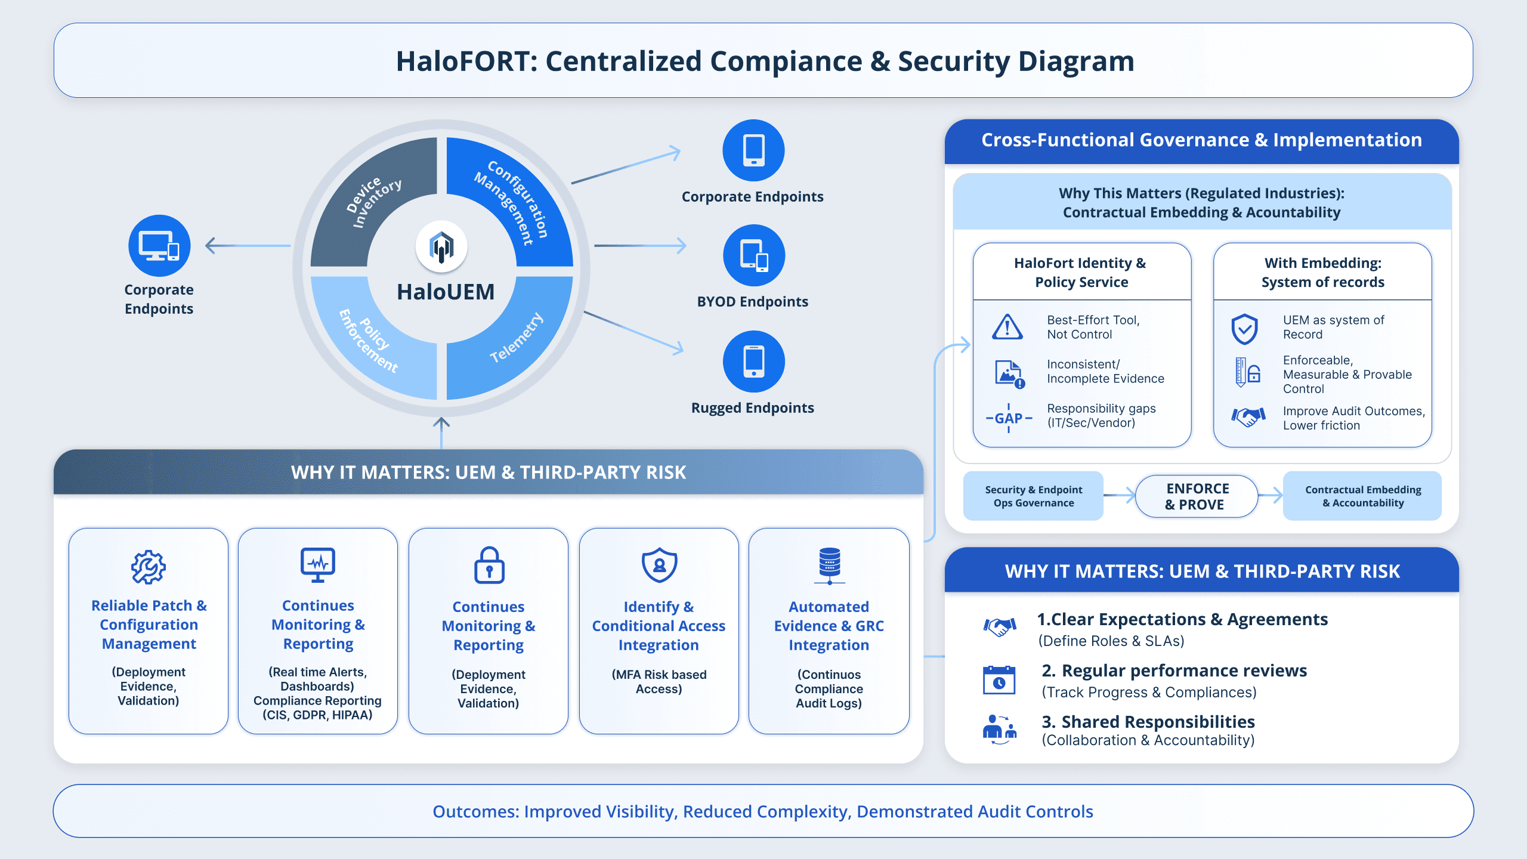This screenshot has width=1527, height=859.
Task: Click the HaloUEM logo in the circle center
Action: [441, 246]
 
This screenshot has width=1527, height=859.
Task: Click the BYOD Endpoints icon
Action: [753, 255]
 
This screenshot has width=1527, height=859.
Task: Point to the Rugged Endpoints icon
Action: [753, 361]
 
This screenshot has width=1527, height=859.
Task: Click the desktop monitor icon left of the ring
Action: [159, 246]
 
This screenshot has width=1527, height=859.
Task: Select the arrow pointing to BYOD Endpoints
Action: [641, 246]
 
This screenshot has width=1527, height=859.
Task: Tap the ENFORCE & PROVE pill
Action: [1197, 496]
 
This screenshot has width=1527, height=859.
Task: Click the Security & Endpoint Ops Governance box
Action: [1033, 496]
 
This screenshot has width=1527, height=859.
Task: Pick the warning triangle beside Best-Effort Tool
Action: [1007, 327]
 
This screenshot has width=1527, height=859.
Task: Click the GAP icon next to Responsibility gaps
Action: [1009, 418]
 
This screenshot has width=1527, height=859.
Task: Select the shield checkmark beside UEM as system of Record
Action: [1245, 329]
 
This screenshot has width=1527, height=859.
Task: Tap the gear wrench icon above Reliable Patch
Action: [149, 567]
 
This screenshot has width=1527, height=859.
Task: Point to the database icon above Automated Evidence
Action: [829, 566]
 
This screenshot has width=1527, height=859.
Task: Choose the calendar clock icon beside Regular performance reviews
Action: [999, 680]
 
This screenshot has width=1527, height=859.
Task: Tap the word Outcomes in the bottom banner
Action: [475, 811]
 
